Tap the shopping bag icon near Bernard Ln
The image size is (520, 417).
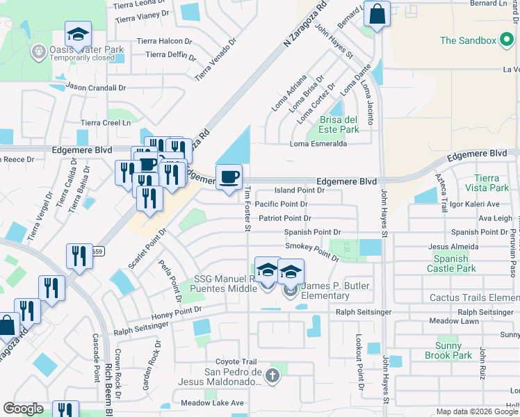tap(376, 15)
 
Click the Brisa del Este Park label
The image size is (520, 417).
tap(339, 124)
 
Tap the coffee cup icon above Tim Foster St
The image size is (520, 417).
tap(229, 178)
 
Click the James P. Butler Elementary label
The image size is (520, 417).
tap(327, 291)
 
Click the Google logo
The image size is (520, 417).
tap(24, 409)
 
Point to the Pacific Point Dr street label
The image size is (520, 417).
tap(281, 204)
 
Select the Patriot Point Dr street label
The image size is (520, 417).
tap(284, 218)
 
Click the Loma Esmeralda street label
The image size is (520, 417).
tap(318, 144)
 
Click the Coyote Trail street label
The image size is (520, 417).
tap(236, 361)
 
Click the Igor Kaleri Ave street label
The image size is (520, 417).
tap(475, 204)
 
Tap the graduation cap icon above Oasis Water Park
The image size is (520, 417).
tap(79, 33)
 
